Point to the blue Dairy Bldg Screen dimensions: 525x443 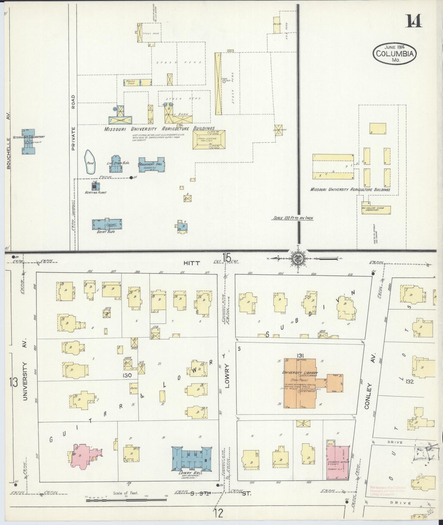pyautogui.click(x=107, y=224)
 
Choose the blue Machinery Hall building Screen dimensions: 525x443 pyautogui.click(x=151, y=166)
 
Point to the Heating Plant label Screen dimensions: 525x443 pyautogui.click(x=96, y=192)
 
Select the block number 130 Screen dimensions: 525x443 pyautogui.click(x=127, y=375)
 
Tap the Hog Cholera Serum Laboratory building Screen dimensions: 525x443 pyautogui.click(x=376, y=209)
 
